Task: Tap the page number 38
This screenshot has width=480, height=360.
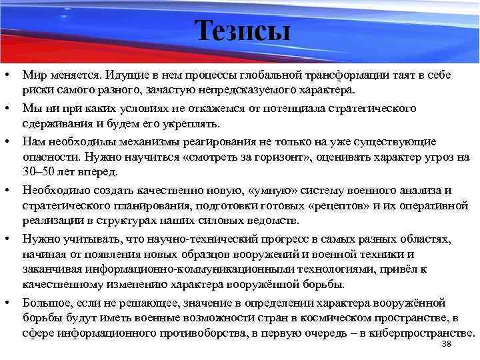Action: [x=447, y=343]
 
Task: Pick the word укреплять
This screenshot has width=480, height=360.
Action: [x=198, y=125]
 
